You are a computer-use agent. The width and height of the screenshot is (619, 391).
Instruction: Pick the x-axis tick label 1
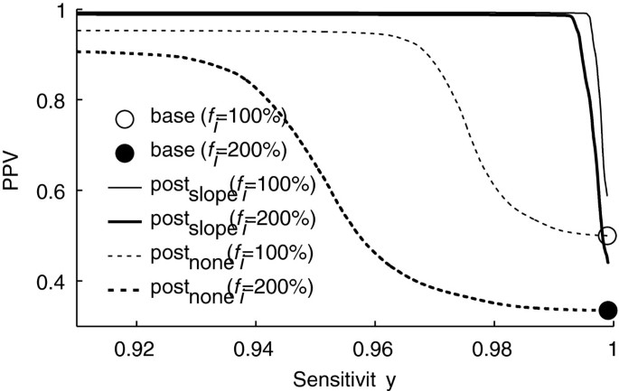click(612, 346)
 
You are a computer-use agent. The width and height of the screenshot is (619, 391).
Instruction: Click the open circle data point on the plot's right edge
click(606, 235)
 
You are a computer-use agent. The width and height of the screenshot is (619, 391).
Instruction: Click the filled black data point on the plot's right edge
click(607, 310)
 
